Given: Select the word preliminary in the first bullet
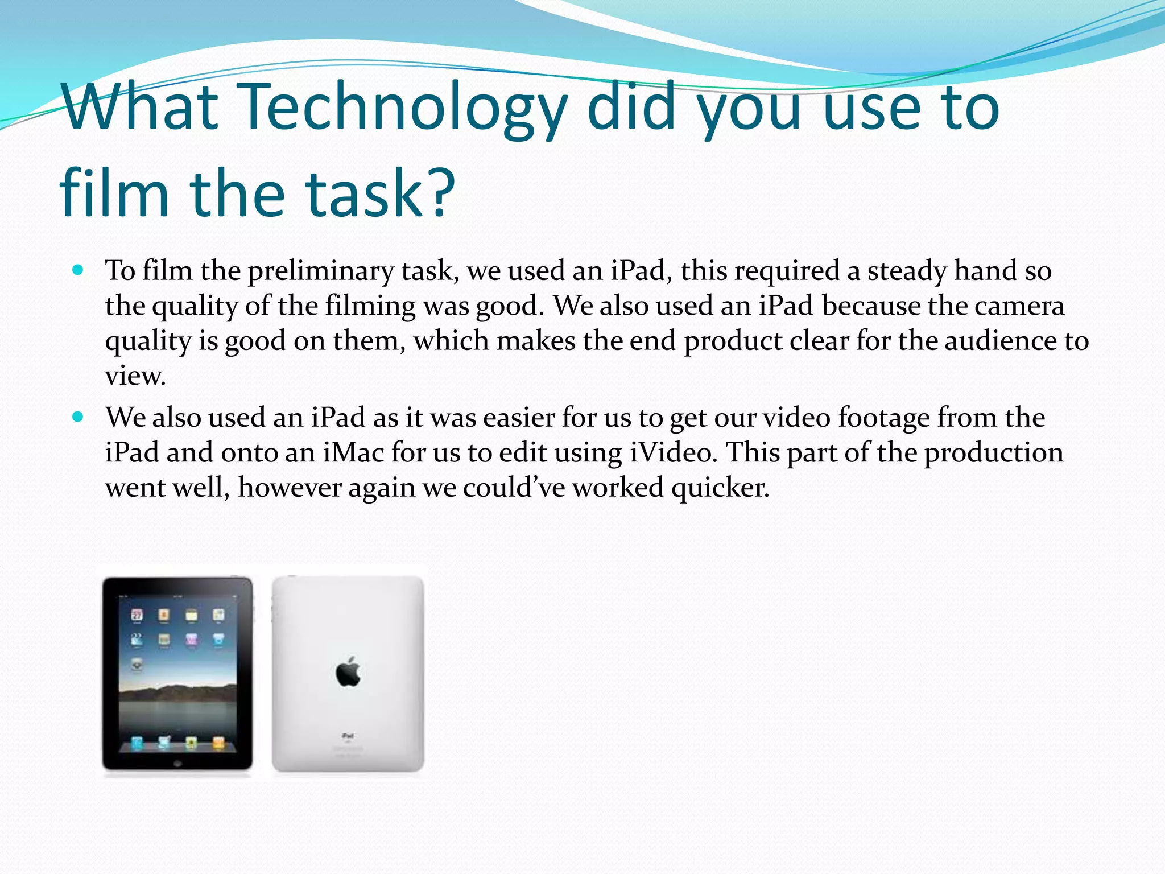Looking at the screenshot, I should (320, 271).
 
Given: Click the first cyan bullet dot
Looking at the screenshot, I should (79, 269).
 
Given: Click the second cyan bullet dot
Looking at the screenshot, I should (79, 417).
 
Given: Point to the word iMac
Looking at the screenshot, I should (353, 453).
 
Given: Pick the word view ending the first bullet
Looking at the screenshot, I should (135, 376).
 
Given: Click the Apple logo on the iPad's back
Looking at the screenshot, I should (348, 672).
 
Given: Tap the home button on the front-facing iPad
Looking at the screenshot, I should (177, 763).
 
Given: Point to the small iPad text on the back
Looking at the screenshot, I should (348, 736).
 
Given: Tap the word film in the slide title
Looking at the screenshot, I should (114, 193).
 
